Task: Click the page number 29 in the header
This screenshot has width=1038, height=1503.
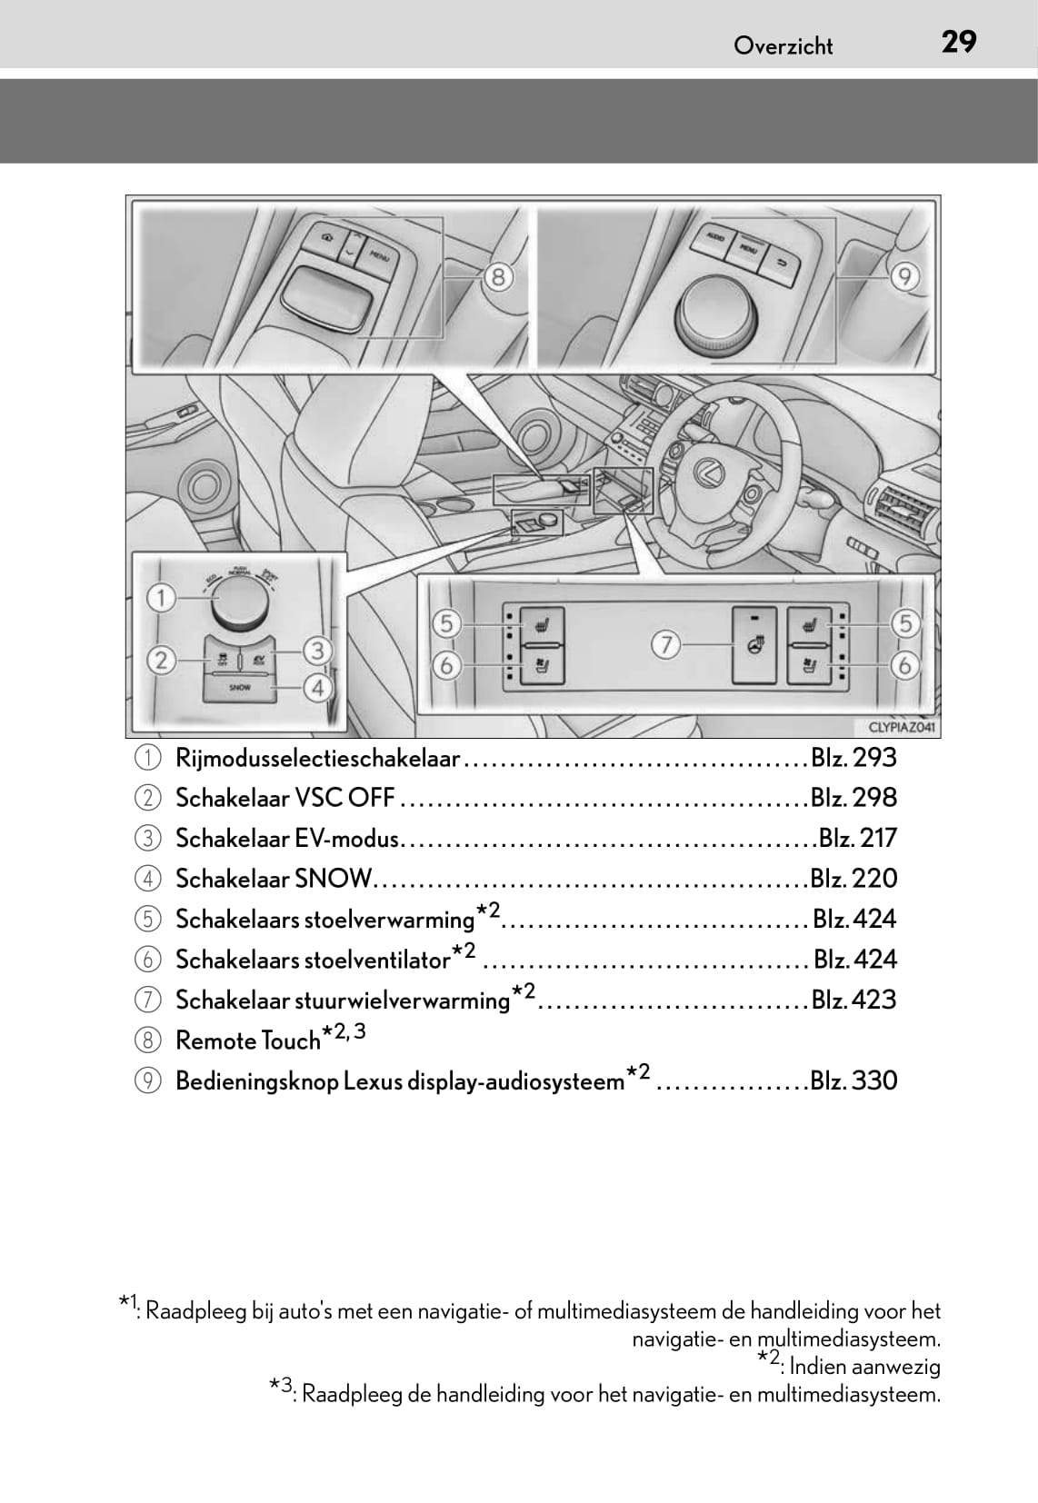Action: [959, 42]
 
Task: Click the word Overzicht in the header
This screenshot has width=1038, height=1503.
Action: [783, 46]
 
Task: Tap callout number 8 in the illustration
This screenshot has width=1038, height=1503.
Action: [498, 275]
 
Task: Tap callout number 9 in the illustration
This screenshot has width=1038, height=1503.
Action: [904, 275]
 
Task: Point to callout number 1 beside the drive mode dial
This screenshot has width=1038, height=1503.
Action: [162, 598]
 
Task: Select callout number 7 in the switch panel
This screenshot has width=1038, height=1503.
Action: [665, 645]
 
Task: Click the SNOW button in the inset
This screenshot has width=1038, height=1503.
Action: [240, 688]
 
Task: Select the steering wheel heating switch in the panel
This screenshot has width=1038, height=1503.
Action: [754, 645]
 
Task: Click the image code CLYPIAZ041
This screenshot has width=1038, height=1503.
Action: [902, 727]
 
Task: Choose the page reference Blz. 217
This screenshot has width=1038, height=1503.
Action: [857, 838]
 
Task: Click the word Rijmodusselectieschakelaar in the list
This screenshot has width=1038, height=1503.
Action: [317, 758]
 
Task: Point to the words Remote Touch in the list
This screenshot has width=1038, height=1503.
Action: [247, 1040]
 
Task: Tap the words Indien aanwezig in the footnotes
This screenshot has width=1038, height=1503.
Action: [864, 1366]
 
